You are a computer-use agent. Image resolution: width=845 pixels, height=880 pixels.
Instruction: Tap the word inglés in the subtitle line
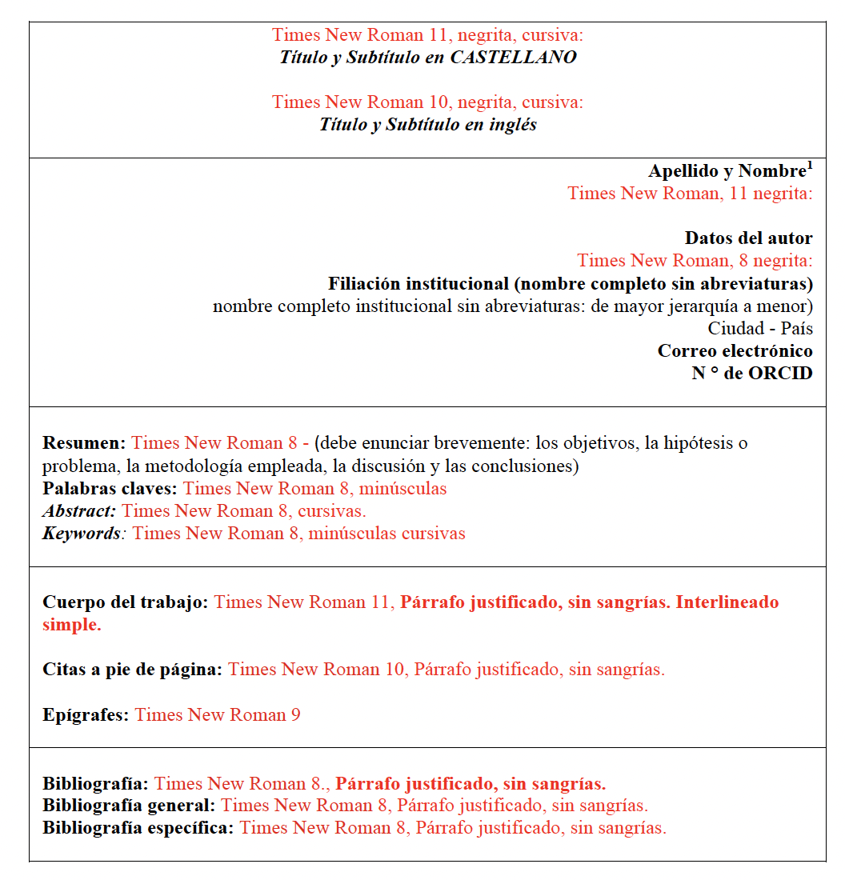pyautogui.click(x=512, y=125)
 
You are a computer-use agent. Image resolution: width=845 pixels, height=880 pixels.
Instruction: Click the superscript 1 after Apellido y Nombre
pyautogui.click(x=810, y=166)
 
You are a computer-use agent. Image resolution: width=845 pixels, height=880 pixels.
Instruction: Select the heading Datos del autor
pyautogui.click(x=748, y=238)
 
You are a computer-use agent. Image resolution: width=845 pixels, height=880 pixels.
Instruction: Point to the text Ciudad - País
pyautogui.click(x=760, y=329)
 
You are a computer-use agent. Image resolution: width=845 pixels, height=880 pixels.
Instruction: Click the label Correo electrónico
pyautogui.click(x=735, y=351)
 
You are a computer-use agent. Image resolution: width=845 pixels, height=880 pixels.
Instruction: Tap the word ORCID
pyautogui.click(x=780, y=374)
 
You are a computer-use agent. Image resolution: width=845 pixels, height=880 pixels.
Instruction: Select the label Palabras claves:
pyautogui.click(x=110, y=489)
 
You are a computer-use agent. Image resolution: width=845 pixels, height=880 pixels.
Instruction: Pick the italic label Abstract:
pyautogui.click(x=79, y=511)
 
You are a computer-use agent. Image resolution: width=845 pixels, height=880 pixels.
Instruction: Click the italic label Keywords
pyautogui.click(x=81, y=534)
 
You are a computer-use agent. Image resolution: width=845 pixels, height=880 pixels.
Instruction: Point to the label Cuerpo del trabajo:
pyautogui.click(x=126, y=602)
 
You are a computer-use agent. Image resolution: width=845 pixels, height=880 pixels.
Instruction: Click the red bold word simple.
pyautogui.click(x=71, y=625)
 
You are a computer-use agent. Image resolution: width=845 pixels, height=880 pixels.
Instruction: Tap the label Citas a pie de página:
pyautogui.click(x=132, y=670)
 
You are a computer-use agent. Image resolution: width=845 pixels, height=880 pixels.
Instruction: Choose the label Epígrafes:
pyautogui.click(x=86, y=715)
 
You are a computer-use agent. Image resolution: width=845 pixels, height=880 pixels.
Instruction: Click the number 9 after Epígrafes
pyautogui.click(x=295, y=715)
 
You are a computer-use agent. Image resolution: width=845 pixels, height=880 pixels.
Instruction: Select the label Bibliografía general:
pyautogui.click(x=129, y=806)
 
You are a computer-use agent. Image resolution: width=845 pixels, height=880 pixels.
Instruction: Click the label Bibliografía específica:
pyautogui.click(x=138, y=828)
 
